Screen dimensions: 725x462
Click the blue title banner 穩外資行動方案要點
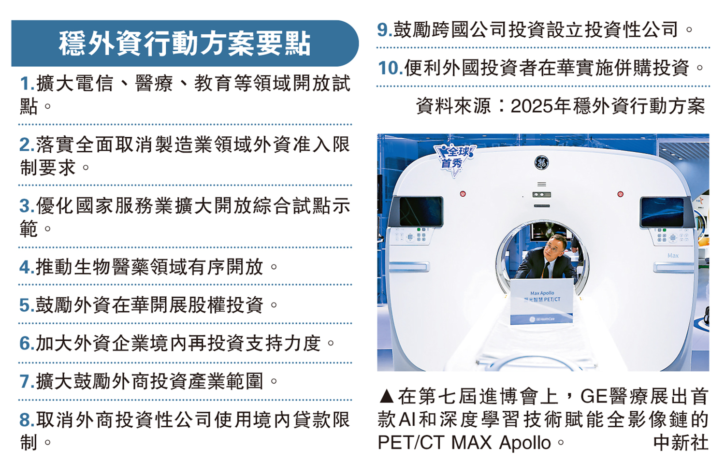(x=185, y=43)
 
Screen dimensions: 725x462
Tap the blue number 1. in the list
(x=27, y=84)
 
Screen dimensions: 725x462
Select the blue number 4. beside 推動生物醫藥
(x=27, y=267)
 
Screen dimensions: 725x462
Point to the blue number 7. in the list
(x=27, y=381)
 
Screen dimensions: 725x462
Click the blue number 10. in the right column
(x=391, y=68)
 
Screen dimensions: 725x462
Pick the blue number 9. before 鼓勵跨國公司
(x=385, y=30)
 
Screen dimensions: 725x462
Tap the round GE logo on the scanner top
(x=541, y=163)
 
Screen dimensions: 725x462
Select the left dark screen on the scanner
(x=421, y=211)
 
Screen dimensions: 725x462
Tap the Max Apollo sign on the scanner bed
(x=542, y=302)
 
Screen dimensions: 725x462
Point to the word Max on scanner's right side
(x=673, y=256)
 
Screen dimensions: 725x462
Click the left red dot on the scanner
(x=463, y=194)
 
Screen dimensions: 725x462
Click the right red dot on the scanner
(x=621, y=194)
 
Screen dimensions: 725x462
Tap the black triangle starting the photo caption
(x=387, y=397)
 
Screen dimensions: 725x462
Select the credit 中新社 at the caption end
(x=681, y=443)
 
